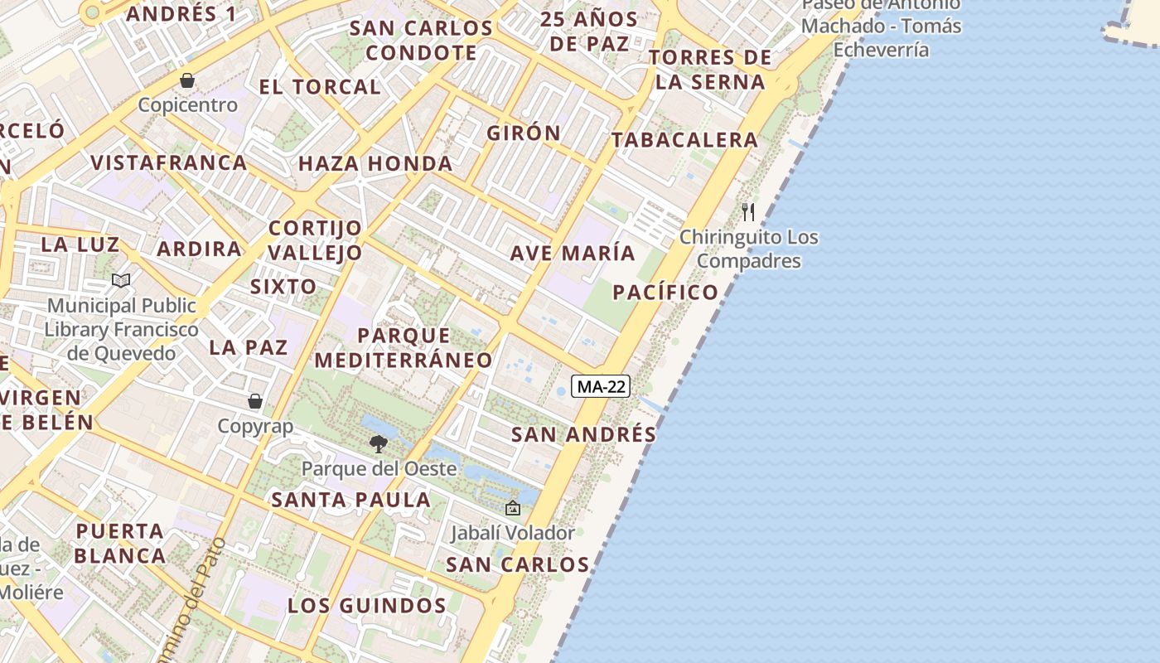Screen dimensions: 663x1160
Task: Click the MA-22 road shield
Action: (x=602, y=386)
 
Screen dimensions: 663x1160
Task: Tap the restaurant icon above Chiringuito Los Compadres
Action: (x=748, y=212)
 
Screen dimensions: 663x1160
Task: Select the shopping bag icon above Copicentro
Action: (x=188, y=80)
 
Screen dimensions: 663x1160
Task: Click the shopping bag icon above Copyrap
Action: (x=255, y=401)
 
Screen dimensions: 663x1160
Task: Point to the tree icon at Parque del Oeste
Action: (x=379, y=444)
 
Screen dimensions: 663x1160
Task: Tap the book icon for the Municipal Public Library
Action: (x=121, y=280)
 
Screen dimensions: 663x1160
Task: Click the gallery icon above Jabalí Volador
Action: (x=513, y=508)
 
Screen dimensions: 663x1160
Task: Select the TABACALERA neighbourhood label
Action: (x=685, y=140)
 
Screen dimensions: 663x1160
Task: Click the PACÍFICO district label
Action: (x=665, y=292)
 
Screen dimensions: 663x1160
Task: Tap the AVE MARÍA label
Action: (x=573, y=253)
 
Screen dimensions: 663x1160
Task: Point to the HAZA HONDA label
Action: (x=375, y=163)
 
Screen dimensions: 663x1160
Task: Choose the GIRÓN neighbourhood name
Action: (x=524, y=133)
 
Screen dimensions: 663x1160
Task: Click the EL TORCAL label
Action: (x=320, y=86)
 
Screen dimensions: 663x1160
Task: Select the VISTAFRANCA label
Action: (x=169, y=162)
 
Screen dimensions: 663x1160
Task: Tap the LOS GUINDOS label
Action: (x=367, y=606)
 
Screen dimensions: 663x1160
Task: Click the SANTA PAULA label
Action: (x=351, y=500)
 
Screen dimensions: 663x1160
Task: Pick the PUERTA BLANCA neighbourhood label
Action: (x=120, y=543)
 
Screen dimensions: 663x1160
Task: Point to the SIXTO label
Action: (x=283, y=287)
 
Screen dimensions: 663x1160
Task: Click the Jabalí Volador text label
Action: (x=513, y=533)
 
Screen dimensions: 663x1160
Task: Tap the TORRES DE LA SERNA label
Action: (x=710, y=70)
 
